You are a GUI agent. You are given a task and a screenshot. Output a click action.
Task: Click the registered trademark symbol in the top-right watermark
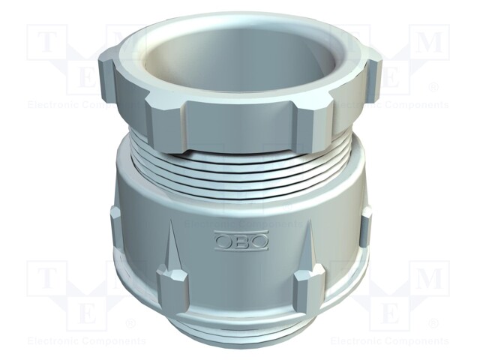pos(433,86)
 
